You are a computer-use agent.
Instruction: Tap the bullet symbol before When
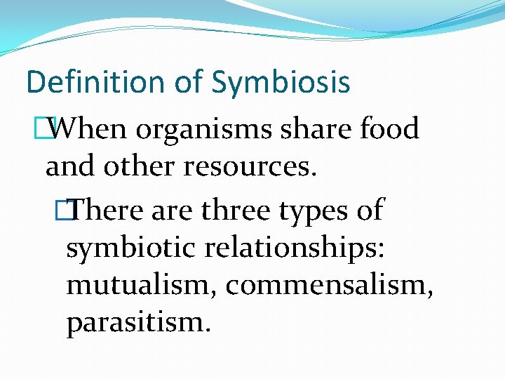click(51, 128)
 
